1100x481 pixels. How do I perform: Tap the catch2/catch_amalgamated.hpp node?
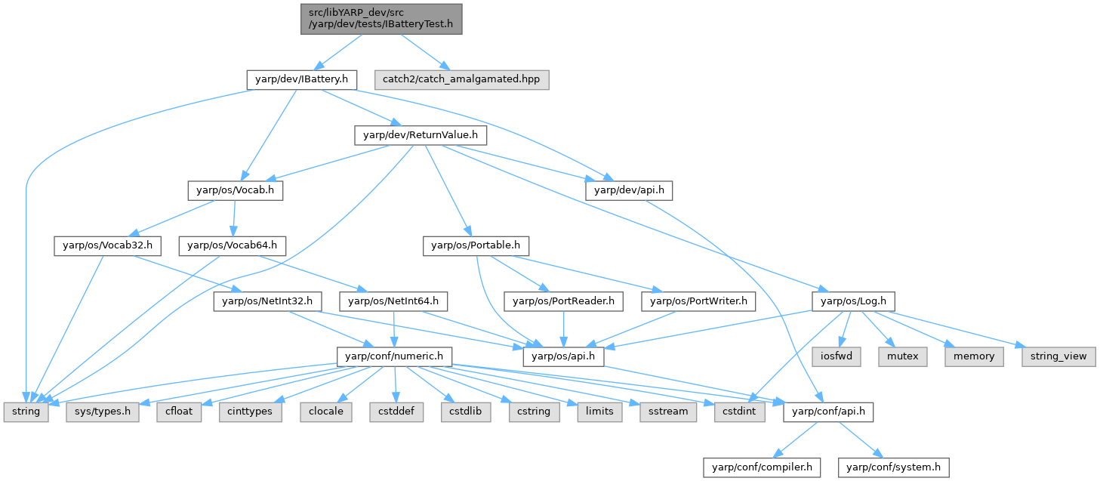pyautogui.click(x=461, y=79)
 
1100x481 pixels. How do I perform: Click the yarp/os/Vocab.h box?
pyautogui.click(x=236, y=191)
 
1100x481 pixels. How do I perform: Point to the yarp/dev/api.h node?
pyautogui.click(x=628, y=191)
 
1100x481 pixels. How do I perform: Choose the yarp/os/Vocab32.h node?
pyautogui.click(x=103, y=245)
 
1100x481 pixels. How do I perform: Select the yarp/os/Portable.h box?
pyautogui.click(x=476, y=245)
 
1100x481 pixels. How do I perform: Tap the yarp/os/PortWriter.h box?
pyautogui.click(x=698, y=301)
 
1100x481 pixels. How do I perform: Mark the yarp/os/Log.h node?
pyautogui.click(x=853, y=301)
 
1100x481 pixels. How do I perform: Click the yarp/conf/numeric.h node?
pyautogui.click(x=394, y=356)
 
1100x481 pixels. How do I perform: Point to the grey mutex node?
pyautogui.click(x=903, y=356)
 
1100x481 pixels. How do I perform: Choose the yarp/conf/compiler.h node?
pyautogui.click(x=762, y=467)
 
